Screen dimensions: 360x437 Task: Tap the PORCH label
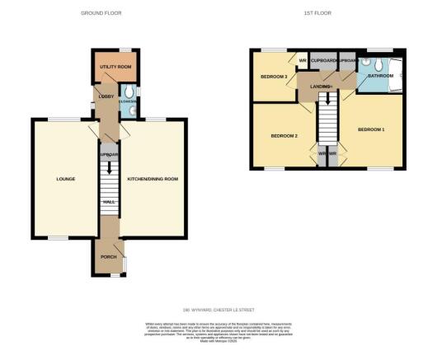(x=108, y=255)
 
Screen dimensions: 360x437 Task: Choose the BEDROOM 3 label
(x=274, y=77)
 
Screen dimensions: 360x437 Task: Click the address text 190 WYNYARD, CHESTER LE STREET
(x=218, y=310)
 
